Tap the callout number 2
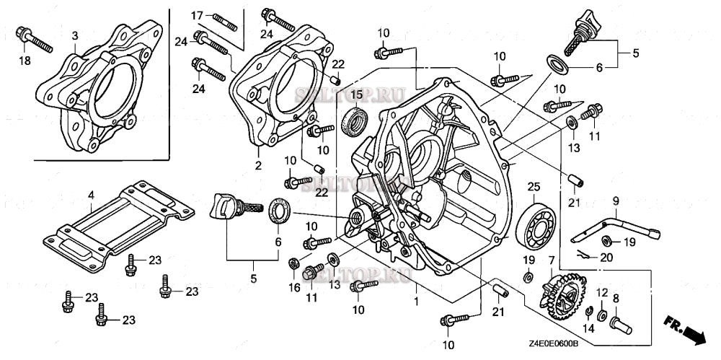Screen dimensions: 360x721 click(x=258, y=164)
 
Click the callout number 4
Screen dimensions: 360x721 click(x=92, y=194)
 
